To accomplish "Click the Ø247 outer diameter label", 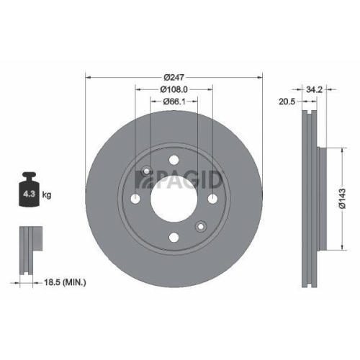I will (x=174, y=77).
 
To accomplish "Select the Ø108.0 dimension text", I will (x=174, y=89).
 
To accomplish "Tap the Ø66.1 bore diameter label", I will (x=174, y=102).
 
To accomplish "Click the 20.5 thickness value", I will (x=287, y=102).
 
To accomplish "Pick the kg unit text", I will (x=47, y=195).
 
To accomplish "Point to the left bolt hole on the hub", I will (x=135, y=199).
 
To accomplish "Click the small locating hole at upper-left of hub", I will (x=146, y=171).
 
